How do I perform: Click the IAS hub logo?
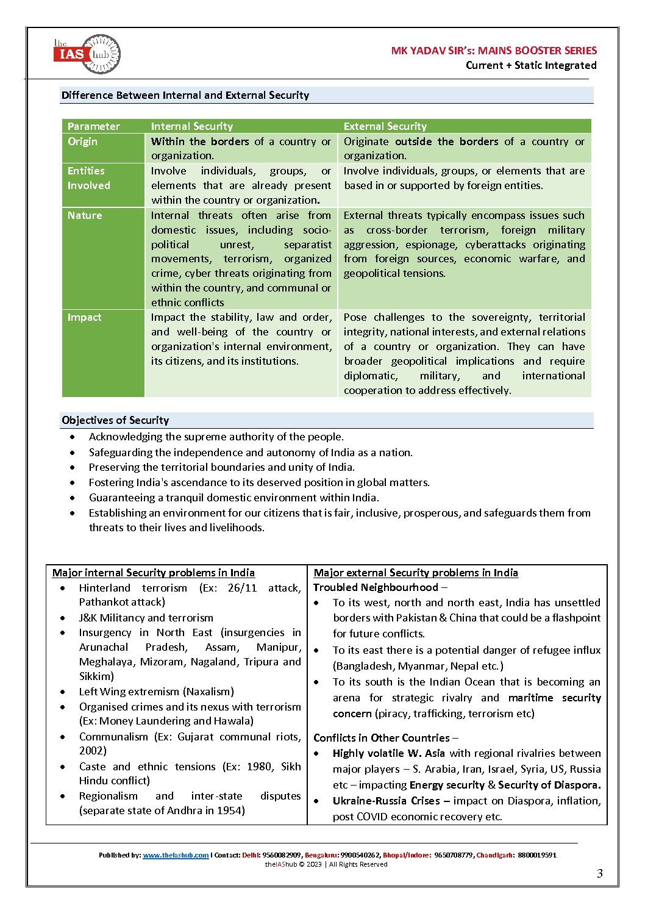coord(87,54)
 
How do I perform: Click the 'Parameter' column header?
coord(94,126)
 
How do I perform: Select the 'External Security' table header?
coord(385,126)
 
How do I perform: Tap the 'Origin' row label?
coord(82,141)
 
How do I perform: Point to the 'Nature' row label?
coord(85,215)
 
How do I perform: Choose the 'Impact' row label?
coord(84,317)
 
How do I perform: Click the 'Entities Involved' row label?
coord(88,178)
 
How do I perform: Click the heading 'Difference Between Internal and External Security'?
coord(185,95)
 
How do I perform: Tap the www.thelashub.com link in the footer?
coord(176,855)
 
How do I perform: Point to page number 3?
coord(599,873)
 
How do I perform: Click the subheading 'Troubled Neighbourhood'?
coord(376,587)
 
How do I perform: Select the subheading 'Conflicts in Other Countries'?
coord(382,738)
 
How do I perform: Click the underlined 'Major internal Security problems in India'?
coord(154,573)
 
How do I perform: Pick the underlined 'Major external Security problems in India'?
coord(416,573)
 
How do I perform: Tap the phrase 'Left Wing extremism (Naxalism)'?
coord(157,692)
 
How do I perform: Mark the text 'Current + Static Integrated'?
coord(531,65)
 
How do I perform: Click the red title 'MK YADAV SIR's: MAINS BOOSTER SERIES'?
coord(494,51)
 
